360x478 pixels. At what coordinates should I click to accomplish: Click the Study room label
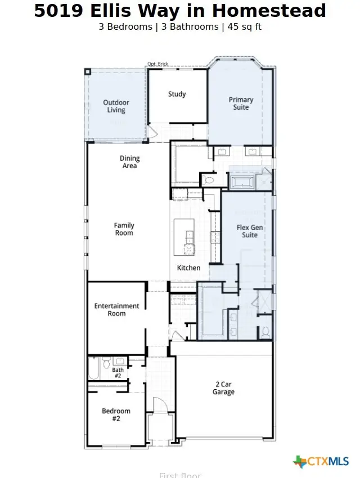point(177,94)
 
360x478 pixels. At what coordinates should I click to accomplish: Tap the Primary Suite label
point(241,103)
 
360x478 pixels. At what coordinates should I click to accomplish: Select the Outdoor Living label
point(116,106)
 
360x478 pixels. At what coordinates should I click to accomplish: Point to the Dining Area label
point(129,163)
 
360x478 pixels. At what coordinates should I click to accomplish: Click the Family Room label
point(124,229)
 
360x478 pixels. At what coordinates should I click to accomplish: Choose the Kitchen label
point(188,268)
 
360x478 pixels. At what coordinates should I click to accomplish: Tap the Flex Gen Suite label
point(250,231)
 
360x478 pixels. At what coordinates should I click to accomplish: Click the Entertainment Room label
point(116,310)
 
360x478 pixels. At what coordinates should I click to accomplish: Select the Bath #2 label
point(118,372)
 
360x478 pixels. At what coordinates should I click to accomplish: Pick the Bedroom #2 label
point(116,415)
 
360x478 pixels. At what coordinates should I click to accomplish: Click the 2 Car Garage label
point(223,389)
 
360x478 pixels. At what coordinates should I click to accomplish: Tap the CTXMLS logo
point(321,462)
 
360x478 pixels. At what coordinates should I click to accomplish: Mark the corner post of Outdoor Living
point(88,71)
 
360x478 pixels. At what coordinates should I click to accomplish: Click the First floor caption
point(180,475)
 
